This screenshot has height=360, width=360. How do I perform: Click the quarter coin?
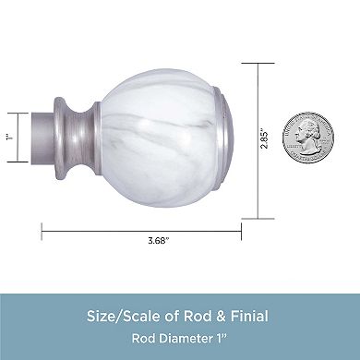[308, 138]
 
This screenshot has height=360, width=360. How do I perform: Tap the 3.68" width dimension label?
[159, 240]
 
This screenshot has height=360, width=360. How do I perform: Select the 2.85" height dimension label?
[264, 138]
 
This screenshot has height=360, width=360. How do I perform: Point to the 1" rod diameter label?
[9, 138]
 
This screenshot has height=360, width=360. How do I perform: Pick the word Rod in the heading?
[198, 316]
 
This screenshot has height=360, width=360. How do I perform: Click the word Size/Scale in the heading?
[123, 317]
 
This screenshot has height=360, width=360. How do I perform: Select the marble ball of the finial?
[158, 138]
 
